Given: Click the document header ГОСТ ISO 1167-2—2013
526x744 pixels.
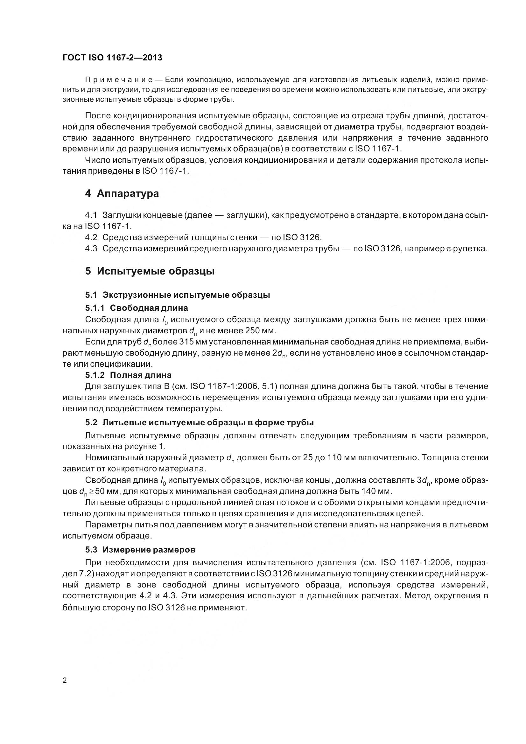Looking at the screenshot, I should [x=112, y=58].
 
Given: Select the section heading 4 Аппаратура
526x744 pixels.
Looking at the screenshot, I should [x=122, y=193].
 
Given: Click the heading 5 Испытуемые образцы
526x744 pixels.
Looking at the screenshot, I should [x=150, y=271].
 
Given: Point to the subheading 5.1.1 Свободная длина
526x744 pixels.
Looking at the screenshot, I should [x=137, y=308].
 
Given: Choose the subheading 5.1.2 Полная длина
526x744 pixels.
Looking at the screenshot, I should [x=128, y=375].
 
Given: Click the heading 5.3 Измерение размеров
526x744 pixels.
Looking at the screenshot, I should [x=140, y=550].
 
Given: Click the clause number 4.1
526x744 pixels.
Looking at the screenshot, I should [x=91, y=215].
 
